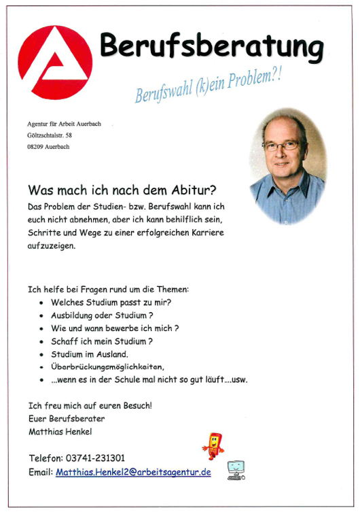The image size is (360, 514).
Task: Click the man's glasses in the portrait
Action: point(281,145)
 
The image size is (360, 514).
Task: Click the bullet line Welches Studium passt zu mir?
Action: point(111,301)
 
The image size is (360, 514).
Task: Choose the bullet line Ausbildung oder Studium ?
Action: point(102,315)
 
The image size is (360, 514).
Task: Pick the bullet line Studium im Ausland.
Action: point(89,354)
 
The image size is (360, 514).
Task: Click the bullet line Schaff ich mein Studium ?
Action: point(102,341)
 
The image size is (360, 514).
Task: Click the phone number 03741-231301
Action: point(95,458)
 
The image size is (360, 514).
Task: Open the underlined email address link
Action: point(133,471)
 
